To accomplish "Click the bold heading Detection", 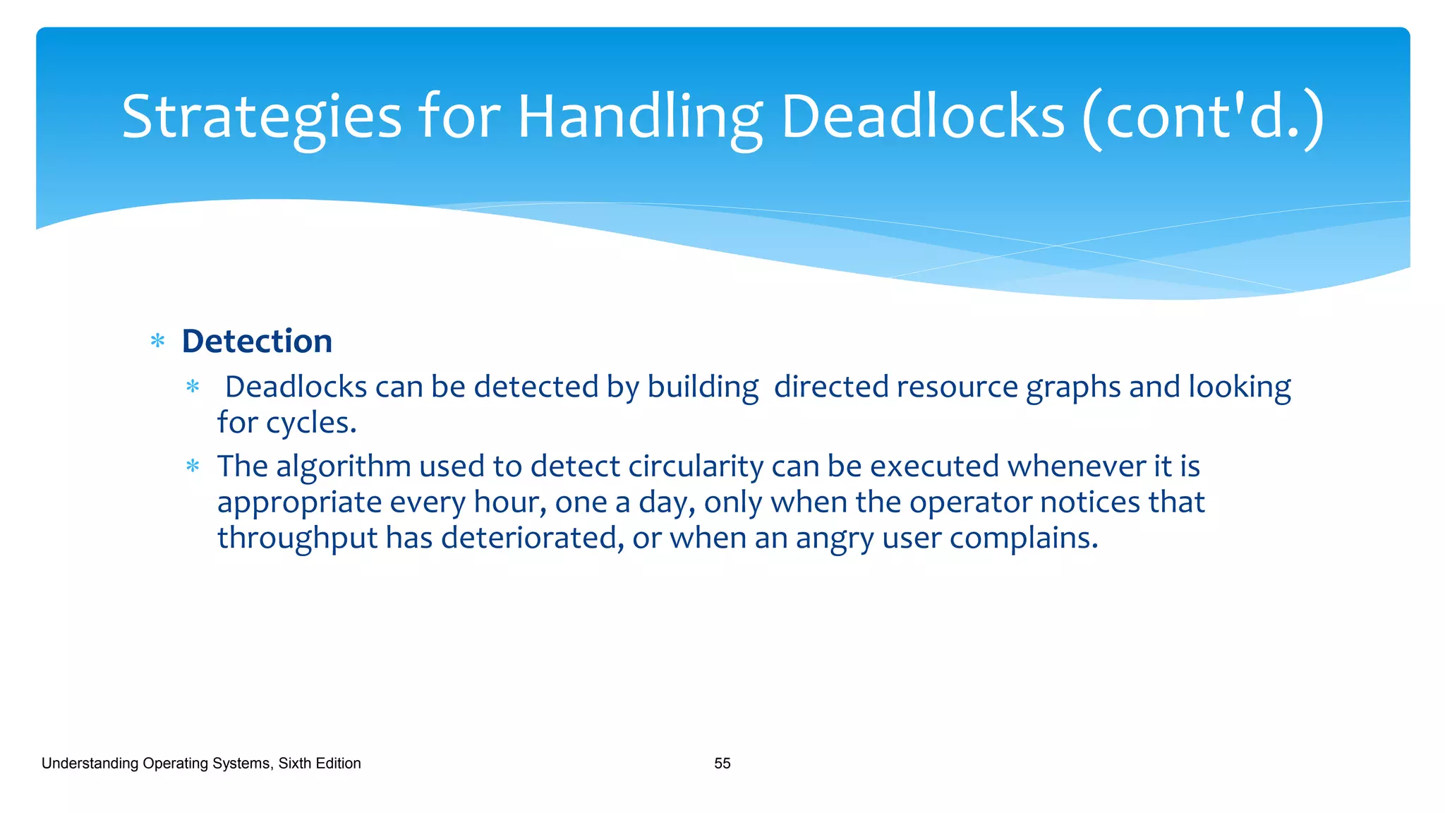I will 257,342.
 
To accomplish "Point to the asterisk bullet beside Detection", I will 158,342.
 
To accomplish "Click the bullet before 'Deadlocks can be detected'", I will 193,387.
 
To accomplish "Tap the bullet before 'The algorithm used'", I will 193,466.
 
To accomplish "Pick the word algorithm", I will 343,466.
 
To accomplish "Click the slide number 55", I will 722,764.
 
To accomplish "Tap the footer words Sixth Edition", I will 319,764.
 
